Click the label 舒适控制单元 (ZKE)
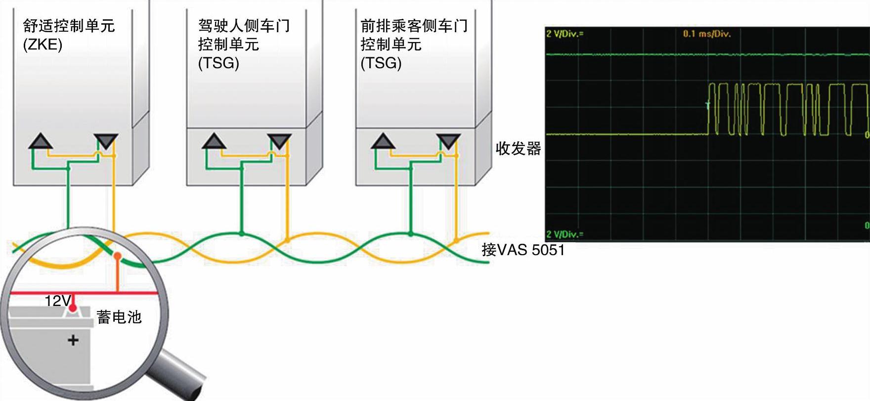[69, 35]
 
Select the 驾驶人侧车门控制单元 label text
[244, 45]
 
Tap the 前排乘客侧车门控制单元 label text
[414, 45]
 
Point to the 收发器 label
[518, 148]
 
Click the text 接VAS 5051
[523, 250]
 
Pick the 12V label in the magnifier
[57, 301]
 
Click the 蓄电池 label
[119, 317]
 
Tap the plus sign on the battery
[73, 340]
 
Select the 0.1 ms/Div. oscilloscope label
[706, 34]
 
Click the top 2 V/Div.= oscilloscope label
[565, 34]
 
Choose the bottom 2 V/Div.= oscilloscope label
[565, 234]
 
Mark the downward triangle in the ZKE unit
[106, 141]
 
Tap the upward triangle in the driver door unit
[214, 141]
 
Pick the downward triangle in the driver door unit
[279, 141]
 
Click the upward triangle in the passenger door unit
[383, 141]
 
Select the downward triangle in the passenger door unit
[448, 141]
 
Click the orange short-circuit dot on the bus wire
[117, 256]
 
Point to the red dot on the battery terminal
[73, 308]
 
